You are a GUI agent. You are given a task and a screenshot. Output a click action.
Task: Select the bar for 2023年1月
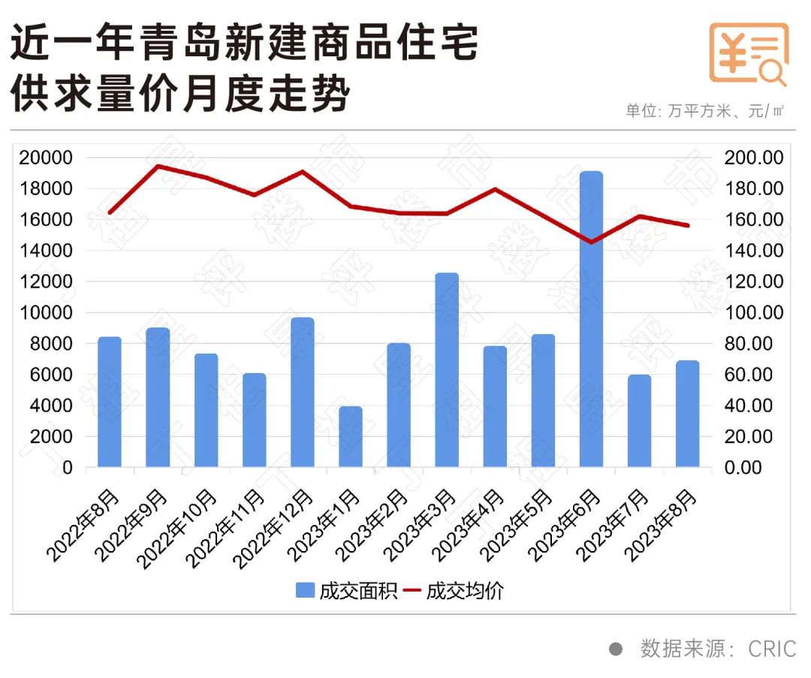(350, 437)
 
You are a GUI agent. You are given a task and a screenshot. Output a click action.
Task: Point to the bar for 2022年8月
(110, 402)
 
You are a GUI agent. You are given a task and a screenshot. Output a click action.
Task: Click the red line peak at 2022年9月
(157, 166)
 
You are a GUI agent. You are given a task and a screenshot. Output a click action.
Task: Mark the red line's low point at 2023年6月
(591, 243)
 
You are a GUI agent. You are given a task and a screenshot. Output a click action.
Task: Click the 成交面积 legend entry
(346, 591)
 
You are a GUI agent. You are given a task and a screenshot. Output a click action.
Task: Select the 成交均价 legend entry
(454, 591)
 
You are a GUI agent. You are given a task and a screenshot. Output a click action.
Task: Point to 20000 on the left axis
(47, 158)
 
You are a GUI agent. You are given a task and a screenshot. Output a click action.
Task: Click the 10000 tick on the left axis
(47, 312)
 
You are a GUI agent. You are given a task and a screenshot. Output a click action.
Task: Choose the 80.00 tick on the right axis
(757, 344)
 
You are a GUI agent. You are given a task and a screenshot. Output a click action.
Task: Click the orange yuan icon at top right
(749, 53)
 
